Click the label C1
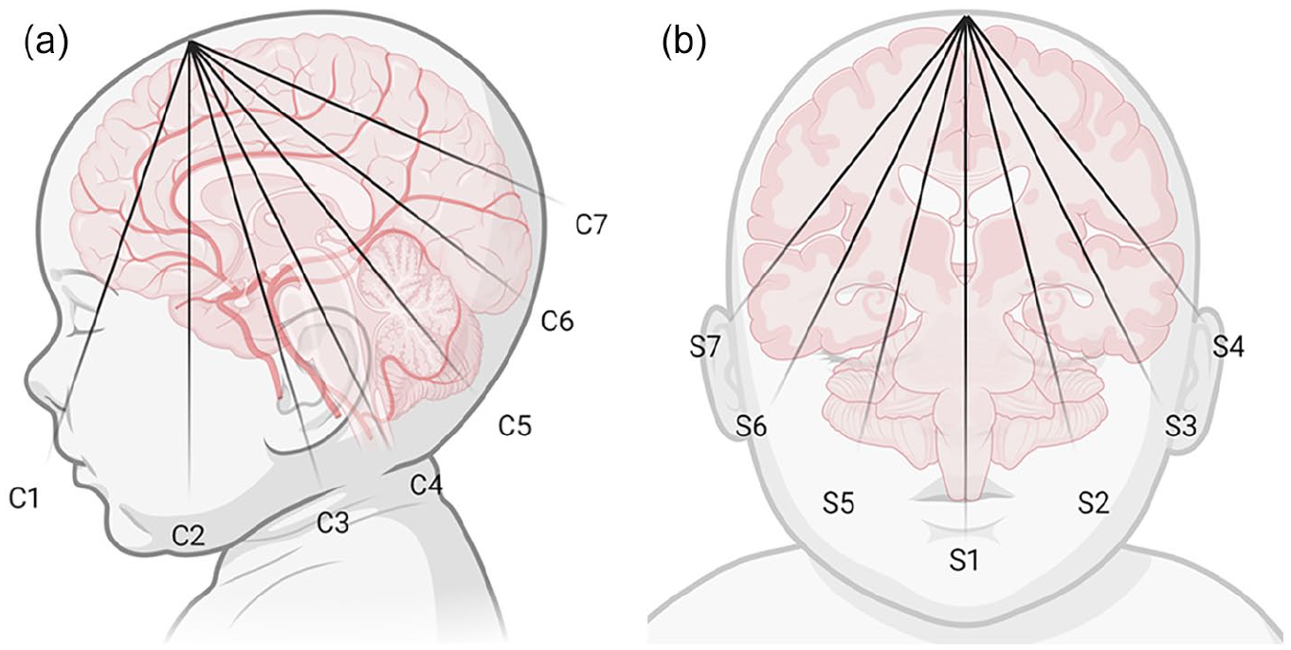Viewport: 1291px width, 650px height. pyautogui.click(x=25, y=497)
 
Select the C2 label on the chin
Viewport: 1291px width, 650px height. pyautogui.click(x=189, y=536)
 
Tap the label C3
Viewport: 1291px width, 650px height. pyautogui.click(x=333, y=523)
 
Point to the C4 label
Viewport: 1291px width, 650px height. pyautogui.click(x=427, y=484)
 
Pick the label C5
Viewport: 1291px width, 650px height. pyautogui.click(x=515, y=425)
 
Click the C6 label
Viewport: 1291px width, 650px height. pyautogui.click(x=557, y=321)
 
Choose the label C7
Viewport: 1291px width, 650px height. pyautogui.click(x=591, y=225)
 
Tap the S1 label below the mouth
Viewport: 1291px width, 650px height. pyautogui.click(x=964, y=559)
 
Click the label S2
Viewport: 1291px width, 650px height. pyautogui.click(x=1093, y=503)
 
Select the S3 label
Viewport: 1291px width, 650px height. pyautogui.click(x=1181, y=426)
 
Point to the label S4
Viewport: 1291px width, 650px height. pyautogui.click(x=1228, y=347)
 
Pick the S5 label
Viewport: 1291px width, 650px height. pyautogui.click(x=838, y=503)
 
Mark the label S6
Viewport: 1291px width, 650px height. pyautogui.click(x=752, y=427)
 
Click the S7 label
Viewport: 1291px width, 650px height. pyautogui.click(x=706, y=347)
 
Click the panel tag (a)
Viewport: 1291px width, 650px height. pyautogui.click(x=45, y=44)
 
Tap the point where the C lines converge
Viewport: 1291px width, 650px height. pyautogui.click(x=191, y=43)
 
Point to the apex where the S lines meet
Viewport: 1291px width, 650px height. pyautogui.click(x=967, y=16)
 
